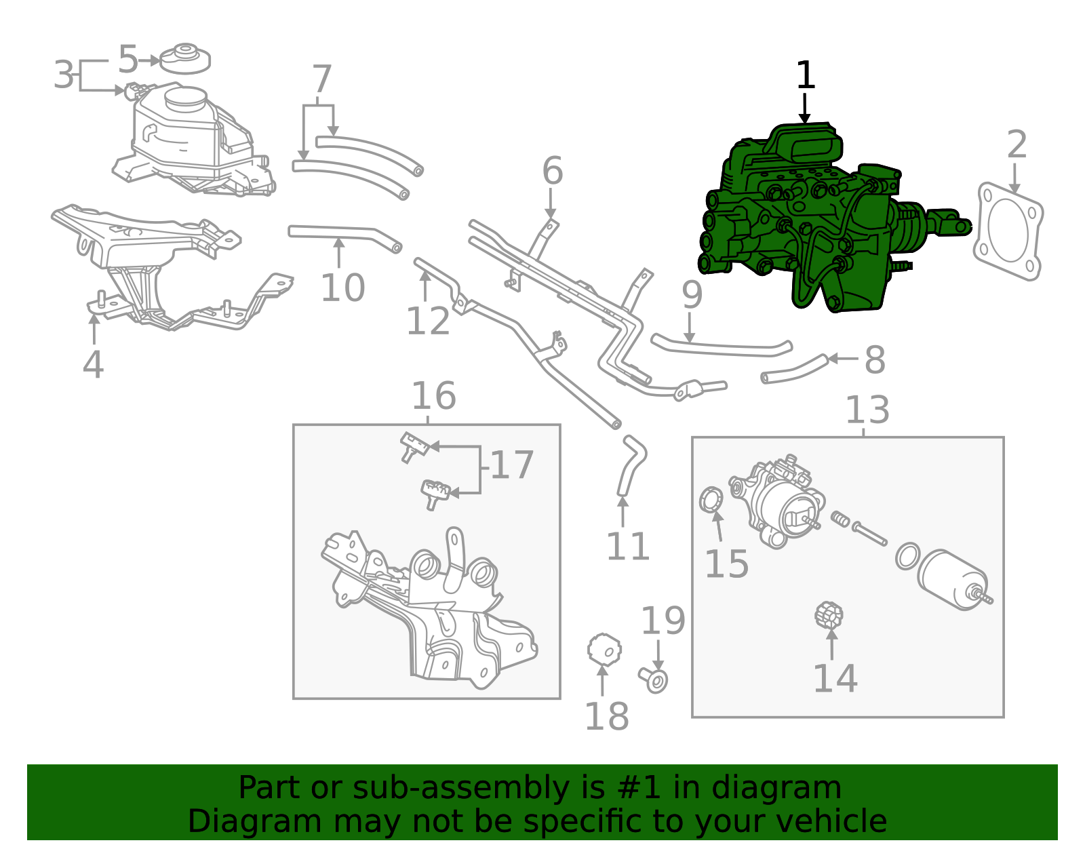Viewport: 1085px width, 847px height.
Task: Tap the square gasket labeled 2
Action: click(x=1008, y=231)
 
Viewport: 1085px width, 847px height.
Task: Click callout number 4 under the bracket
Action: click(x=93, y=365)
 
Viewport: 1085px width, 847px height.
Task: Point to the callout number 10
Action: click(x=342, y=288)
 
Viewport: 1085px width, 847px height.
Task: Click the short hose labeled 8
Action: click(x=793, y=370)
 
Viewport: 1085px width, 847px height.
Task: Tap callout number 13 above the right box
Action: click(x=867, y=410)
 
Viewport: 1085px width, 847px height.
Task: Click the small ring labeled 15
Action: click(x=710, y=500)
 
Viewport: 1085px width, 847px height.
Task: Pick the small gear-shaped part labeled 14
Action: click(x=829, y=615)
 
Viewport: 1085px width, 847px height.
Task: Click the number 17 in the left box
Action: click(x=512, y=465)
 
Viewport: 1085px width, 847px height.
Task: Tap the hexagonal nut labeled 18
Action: click(x=604, y=650)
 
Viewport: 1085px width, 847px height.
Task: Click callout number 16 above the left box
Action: click(x=433, y=395)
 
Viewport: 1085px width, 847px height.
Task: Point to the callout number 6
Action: click(x=552, y=171)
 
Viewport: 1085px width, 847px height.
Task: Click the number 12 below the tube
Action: click(x=427, y=321)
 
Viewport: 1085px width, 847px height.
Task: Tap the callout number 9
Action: click(x=692, y=294)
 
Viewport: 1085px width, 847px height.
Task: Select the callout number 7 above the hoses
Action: click(x=321, y=79)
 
